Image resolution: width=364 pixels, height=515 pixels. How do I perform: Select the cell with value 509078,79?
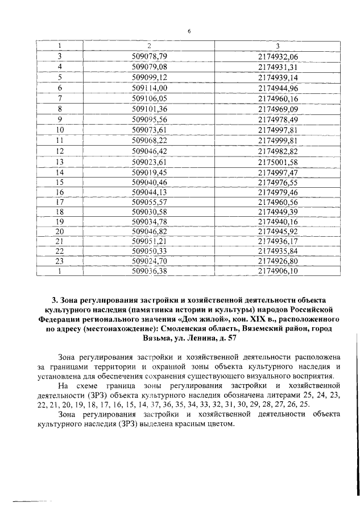click(149, 56)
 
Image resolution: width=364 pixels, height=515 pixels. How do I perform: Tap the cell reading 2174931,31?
click(278, 66)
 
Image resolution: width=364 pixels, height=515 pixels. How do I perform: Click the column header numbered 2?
click(149, 46)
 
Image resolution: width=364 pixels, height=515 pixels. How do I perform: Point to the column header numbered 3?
click(278, 46)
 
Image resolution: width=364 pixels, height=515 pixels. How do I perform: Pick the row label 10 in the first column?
click(59, 129)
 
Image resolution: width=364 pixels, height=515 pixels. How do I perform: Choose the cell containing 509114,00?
click(149, 87)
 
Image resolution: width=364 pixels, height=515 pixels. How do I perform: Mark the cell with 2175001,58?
click(278, 161)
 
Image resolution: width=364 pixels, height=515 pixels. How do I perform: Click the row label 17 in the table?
click(59, 203)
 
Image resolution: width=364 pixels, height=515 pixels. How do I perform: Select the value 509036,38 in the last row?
click(149, 271)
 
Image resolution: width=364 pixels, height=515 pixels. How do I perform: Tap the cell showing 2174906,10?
click(278, 271)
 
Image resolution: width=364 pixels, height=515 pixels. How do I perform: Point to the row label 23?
click(59, 261)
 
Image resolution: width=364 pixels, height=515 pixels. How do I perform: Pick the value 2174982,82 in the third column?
click(278, 150)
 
